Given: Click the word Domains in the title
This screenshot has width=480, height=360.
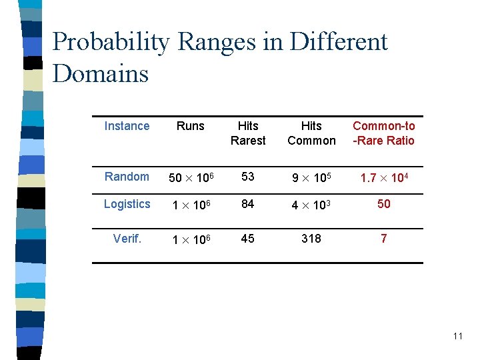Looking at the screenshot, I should (x=100, y=73).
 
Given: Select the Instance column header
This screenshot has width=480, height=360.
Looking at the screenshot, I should (x=127, y=126).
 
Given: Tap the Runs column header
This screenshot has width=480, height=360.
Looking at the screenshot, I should (x=190, y=126).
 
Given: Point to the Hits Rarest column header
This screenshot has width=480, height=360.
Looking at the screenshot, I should (x=248, y=133).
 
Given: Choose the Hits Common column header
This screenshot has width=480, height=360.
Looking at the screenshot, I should (x=311, y=133).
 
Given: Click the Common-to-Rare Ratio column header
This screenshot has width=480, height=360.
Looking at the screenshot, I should (x=384, y=133).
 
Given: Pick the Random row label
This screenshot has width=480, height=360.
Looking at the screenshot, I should (x=127, y=177).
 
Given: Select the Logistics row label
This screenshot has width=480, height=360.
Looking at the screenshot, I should (x=127, y=204).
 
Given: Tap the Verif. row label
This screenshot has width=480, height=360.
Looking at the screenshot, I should (x=127, y=239).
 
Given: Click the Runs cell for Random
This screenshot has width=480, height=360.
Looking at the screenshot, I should (x=190, y=177).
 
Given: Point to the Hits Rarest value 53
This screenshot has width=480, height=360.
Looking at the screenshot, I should (x=248, y=177).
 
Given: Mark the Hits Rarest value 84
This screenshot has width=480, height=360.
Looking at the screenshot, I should (x=248, y=204).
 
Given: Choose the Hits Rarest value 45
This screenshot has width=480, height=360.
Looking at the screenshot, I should (x=248, y=239).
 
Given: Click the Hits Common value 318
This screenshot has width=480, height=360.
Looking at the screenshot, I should (x=311, y=239).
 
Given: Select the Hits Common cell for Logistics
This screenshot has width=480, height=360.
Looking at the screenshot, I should (x=311, y=205).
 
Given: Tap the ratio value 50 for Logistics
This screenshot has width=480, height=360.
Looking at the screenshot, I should (x=384, y=204).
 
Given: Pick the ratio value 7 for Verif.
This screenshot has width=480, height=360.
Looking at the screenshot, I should (x=384, y=239).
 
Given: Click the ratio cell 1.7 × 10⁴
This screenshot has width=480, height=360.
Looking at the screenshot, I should (x=384, y=177).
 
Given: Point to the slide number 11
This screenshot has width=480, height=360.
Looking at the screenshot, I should (x=457, y=336).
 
